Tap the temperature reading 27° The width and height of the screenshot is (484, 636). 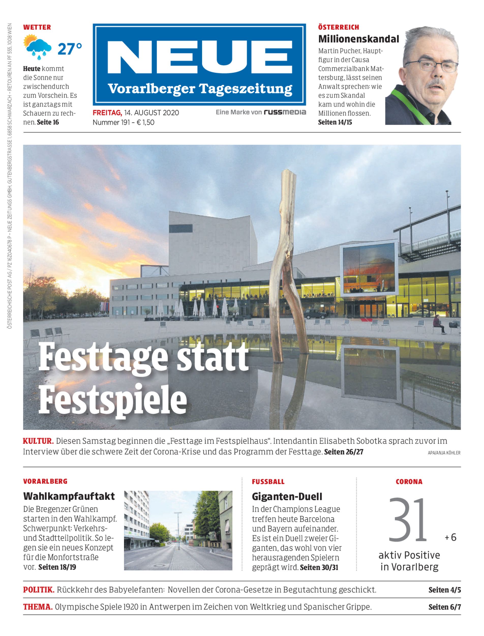point(70,49)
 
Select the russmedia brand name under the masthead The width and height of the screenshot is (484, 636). point(285,112)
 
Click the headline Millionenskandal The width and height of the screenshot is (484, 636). point(358,39)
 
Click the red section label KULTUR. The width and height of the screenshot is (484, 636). point(38,441)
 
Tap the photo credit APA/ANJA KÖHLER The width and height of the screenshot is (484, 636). point(444,453)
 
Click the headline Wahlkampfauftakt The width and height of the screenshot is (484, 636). point(69,496)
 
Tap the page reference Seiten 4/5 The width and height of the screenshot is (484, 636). point(445,590)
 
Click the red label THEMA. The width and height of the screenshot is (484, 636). point(38,607)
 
